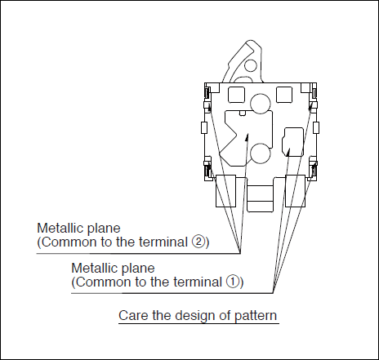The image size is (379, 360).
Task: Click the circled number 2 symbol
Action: (198, 242)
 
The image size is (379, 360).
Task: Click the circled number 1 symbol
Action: (232, 282)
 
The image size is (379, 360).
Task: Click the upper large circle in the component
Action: (261, 104)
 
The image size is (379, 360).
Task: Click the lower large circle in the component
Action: (261, 153)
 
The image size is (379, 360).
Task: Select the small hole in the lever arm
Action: (251, 65)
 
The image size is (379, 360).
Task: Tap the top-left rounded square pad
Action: (236, 95)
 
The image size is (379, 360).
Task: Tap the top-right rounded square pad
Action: (284, 95)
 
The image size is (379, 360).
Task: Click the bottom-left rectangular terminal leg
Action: (225, 191)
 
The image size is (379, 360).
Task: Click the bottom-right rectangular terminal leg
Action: (295, 191)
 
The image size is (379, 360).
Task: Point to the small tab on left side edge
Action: (204, 127)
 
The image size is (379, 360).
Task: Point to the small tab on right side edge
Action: (316, 127)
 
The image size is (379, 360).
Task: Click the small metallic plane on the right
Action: (292, 142)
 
